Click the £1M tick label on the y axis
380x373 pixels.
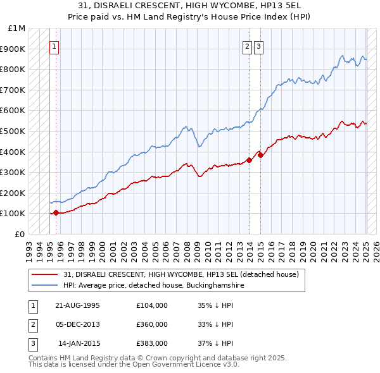17,28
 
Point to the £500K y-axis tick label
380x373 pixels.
14,131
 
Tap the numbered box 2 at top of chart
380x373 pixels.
247,46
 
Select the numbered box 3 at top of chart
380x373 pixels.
259,46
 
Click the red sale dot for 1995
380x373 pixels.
56,212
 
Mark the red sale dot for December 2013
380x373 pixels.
249,160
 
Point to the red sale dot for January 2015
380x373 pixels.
260,155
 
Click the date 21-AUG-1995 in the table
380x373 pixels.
78,305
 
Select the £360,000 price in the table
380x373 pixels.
152,324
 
